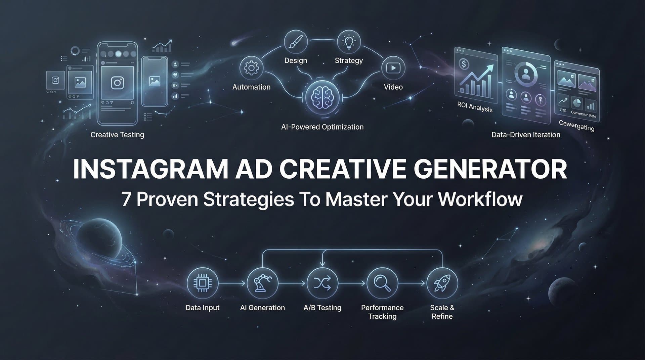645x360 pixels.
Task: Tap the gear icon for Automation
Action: pos(251,68)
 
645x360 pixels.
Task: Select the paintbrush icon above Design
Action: pos(296,42)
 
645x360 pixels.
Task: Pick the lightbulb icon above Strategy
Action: pos(349,42)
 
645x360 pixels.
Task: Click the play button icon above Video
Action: pos(393,68)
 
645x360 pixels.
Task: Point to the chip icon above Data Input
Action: pos(202,283)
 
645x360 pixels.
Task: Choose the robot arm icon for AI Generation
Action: pos(262,283)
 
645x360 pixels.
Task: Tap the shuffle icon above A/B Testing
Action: pos(322,283)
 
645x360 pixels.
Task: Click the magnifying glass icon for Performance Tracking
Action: pos(382,283)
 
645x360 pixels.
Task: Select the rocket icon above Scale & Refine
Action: pos(442,283)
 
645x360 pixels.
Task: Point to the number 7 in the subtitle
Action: pos(126,199)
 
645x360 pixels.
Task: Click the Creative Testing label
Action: pos(117,135)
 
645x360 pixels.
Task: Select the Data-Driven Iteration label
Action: pos(526,135)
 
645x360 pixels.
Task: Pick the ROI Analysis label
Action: pos(475,107)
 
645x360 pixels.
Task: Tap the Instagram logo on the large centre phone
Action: pos(117,83)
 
